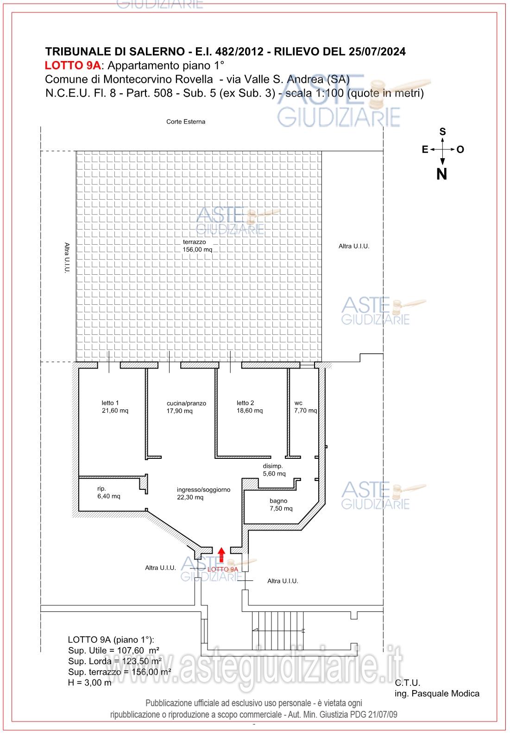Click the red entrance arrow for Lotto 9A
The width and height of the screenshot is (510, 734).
tap(221, 555)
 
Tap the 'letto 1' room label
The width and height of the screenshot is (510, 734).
tap(110, 403)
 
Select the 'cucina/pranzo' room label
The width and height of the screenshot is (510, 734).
tap(186, 403)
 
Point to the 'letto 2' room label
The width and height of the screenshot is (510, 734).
tap(245, 403)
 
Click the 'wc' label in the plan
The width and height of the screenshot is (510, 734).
tap(298, 403)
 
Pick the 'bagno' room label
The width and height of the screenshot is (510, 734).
tap(278, 501)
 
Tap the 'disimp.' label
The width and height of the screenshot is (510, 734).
tap(273, 466)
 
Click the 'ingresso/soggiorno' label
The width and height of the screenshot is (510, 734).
tap(203, 490)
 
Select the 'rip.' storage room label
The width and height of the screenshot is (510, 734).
tap(101, 489)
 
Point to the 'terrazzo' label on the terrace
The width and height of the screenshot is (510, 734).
tap(194, 242)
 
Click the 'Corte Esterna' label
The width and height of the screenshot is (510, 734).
tap(186, 122)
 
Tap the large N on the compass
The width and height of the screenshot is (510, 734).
tap(442, 174)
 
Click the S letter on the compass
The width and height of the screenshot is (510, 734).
tap(442, 132)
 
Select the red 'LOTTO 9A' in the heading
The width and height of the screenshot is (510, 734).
tap(73, 66)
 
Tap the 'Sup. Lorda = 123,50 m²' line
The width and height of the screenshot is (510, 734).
tap(114, 661)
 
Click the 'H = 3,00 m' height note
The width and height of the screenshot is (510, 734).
tap(89, 683)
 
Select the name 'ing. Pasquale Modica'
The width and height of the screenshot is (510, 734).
tap(437, 693)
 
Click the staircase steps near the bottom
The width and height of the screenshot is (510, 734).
tap(277, 631)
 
